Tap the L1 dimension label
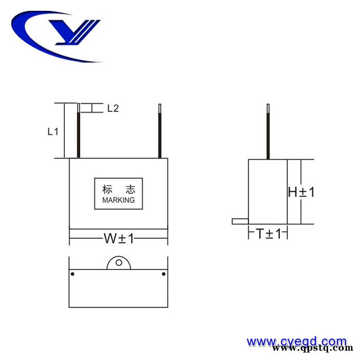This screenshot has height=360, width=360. point(52,131)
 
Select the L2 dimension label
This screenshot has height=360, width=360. point(113,109)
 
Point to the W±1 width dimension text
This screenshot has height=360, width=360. point(119,239)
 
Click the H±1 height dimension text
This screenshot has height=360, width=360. point(301,192)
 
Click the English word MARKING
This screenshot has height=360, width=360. point(118,200)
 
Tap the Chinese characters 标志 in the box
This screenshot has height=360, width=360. point(118,189)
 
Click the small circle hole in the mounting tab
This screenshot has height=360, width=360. point(119,263)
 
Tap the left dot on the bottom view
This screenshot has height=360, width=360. point(73,274)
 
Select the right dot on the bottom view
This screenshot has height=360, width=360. point(164,274)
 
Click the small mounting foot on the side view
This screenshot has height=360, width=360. point(240,221)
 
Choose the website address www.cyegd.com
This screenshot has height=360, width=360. point(297,341)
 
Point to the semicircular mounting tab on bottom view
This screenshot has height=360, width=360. point(119,263)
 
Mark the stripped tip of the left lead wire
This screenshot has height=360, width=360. point(78,107)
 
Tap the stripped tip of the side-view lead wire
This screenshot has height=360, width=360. point(268,107)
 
